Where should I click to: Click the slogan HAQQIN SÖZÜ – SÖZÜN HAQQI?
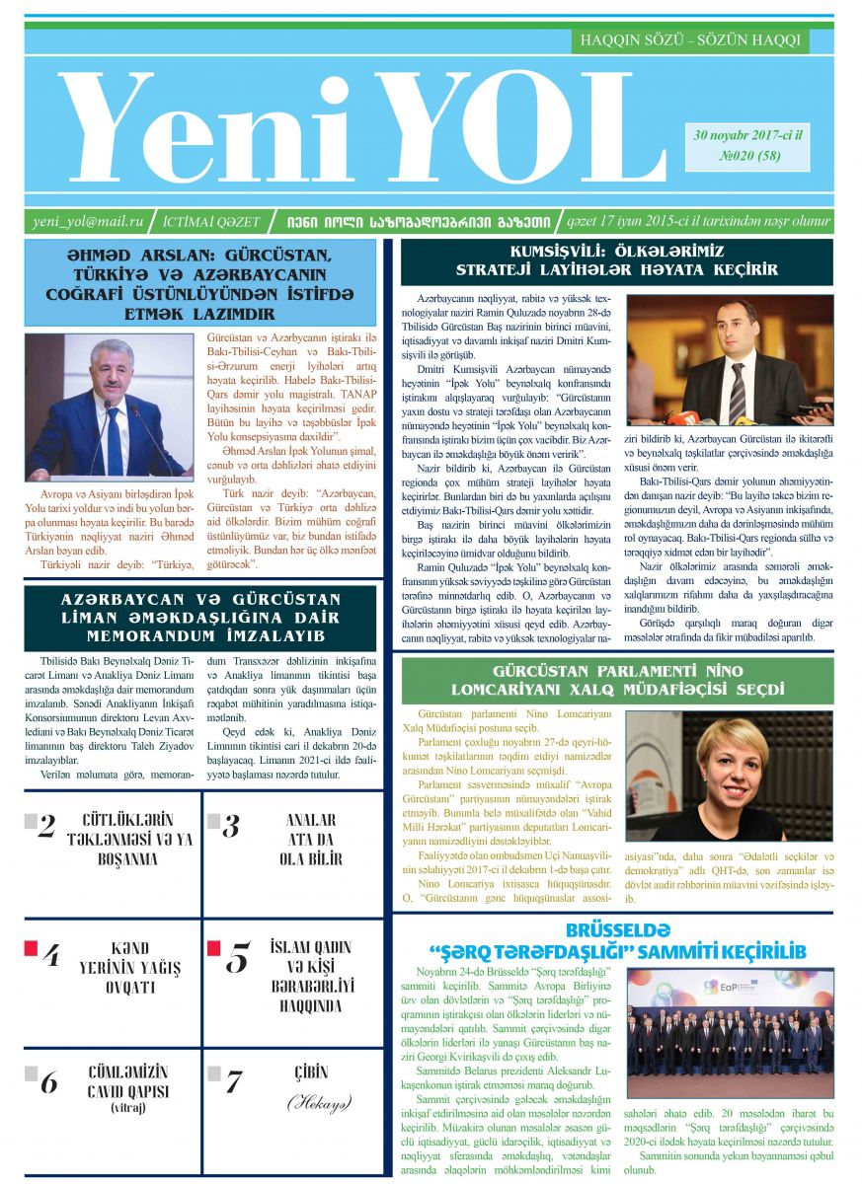pos(690,40)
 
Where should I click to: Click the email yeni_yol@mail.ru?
pos(88,222)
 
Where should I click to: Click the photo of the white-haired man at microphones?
pos(109,407)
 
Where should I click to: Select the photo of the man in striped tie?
pos(730,361)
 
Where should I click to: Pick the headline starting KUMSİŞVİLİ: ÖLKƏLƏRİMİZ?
pos(616,260)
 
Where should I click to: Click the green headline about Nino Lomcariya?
pos(616,680)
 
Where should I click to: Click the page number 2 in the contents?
pos(46,827)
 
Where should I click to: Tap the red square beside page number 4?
pos(31,948)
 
